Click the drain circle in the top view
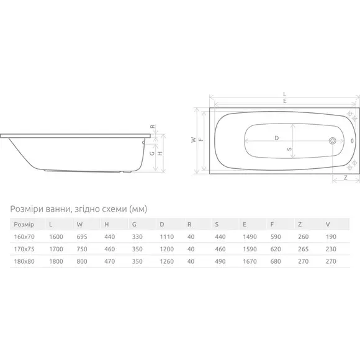333,141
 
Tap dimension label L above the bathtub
285,94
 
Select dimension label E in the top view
285,101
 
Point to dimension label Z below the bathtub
345,178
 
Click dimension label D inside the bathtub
277,138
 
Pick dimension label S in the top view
289,149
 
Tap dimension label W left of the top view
194,140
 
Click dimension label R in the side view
153,127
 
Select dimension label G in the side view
152,153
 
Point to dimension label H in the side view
160,153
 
